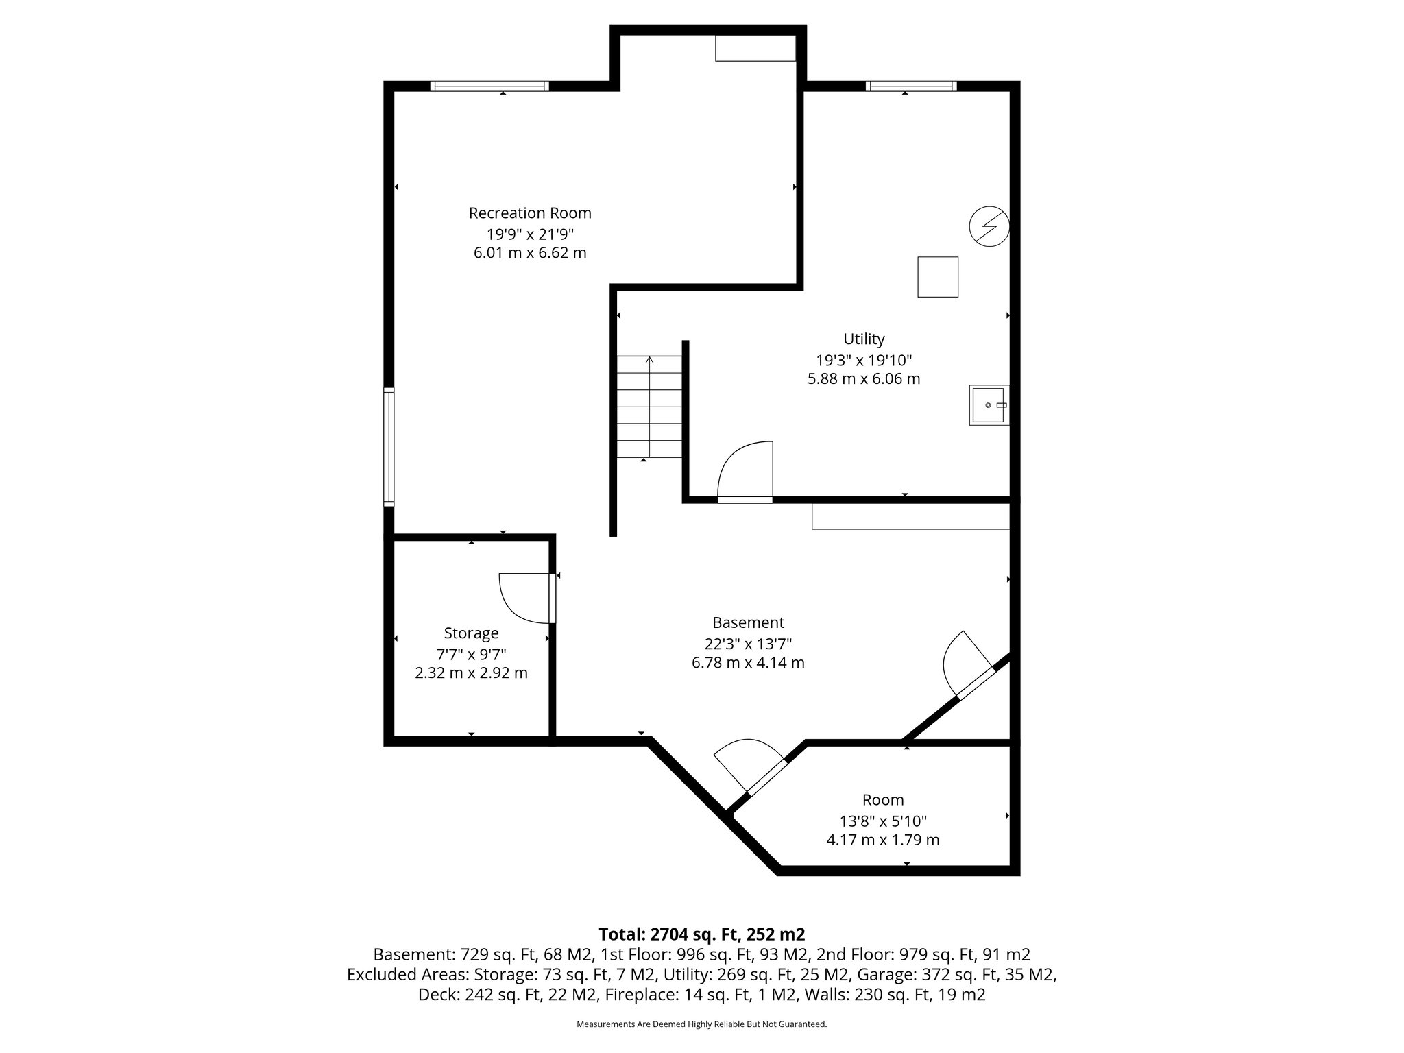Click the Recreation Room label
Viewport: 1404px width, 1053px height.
[x=530, y=213]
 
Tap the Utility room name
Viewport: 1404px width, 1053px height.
[x=864, y=339]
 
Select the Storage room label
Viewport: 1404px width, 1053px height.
[x=471, y=633]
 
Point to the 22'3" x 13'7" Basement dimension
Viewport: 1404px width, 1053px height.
[x=748, y=644]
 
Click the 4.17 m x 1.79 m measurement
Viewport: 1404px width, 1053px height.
[x=883, y=840]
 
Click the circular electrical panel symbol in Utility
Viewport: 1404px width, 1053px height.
[x=989, y=226]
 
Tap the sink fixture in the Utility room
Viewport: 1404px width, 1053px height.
[x=989, y=405]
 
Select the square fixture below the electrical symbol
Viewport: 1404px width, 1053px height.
[x=938, y=277]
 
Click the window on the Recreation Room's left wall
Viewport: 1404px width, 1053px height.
[x=389, y=446]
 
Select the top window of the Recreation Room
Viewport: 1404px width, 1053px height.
[x=489, y=86]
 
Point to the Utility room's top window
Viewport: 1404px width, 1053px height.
[x=910, y=86]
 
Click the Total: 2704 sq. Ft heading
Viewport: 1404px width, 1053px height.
[x=701, y=934]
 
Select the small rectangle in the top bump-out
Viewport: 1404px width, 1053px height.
[x=755, y=48]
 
